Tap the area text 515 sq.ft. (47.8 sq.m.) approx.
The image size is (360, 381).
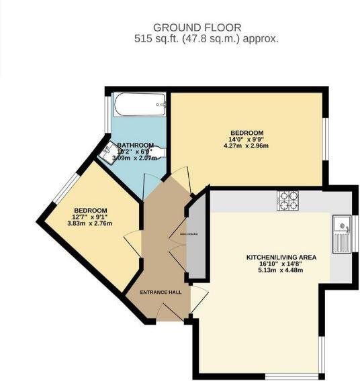206,39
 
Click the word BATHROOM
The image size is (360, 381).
135,146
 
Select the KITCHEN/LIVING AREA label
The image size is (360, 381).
281,257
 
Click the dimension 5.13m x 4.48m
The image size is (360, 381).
281,270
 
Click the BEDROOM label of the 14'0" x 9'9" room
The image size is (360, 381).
246,133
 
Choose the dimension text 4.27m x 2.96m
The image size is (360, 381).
246,146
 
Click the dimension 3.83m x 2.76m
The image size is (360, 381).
90,223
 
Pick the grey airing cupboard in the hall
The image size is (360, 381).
195,238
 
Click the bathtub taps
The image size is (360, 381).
159,105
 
